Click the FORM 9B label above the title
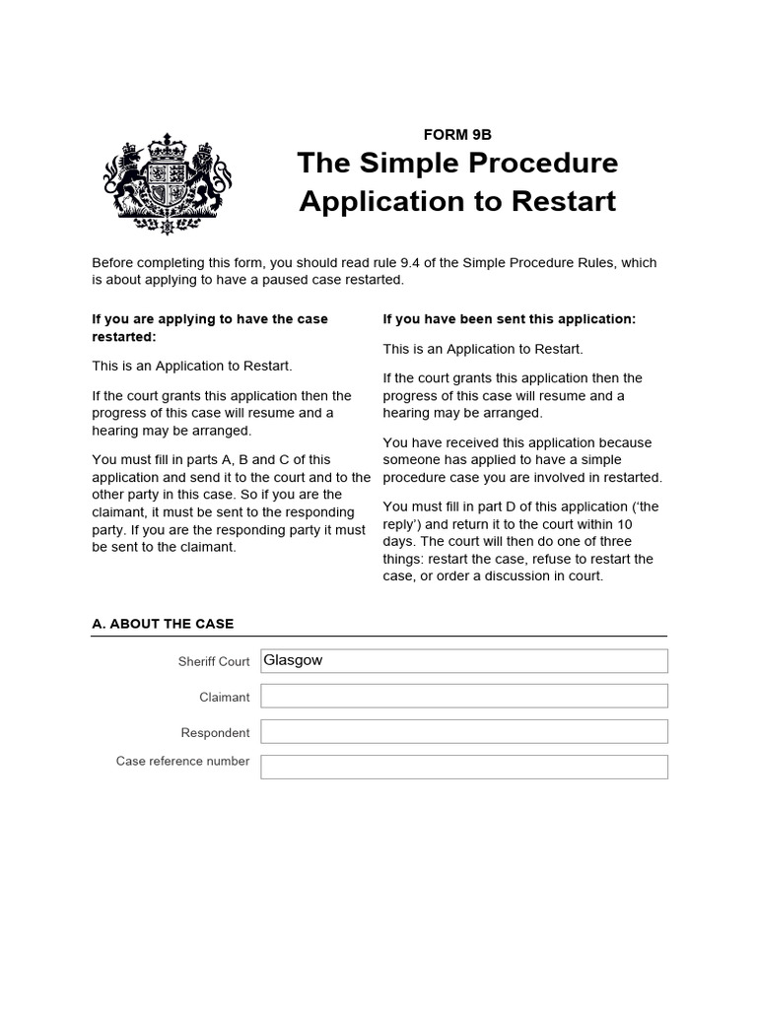pyautogui.click(x=457, y=135)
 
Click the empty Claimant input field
pyautogui.click(x=463, y=697)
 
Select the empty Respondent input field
pyautogui.click(x=463, y=732)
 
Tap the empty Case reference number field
pyautogui.click(x=463, y=767)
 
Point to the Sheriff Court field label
pyautogui.click(x=214, y=662)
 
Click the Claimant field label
pyautogui.click(x=224, y=698)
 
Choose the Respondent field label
pyautogui.click(x=215, y=733)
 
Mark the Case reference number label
pyautogui.click(x=182, y=762)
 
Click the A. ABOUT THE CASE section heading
pyautogui.click(x=163, y=624)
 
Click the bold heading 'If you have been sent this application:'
pyautogui.click(x=510, y=319)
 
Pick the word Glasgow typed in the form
pyautogui.click(x=293, y=661)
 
